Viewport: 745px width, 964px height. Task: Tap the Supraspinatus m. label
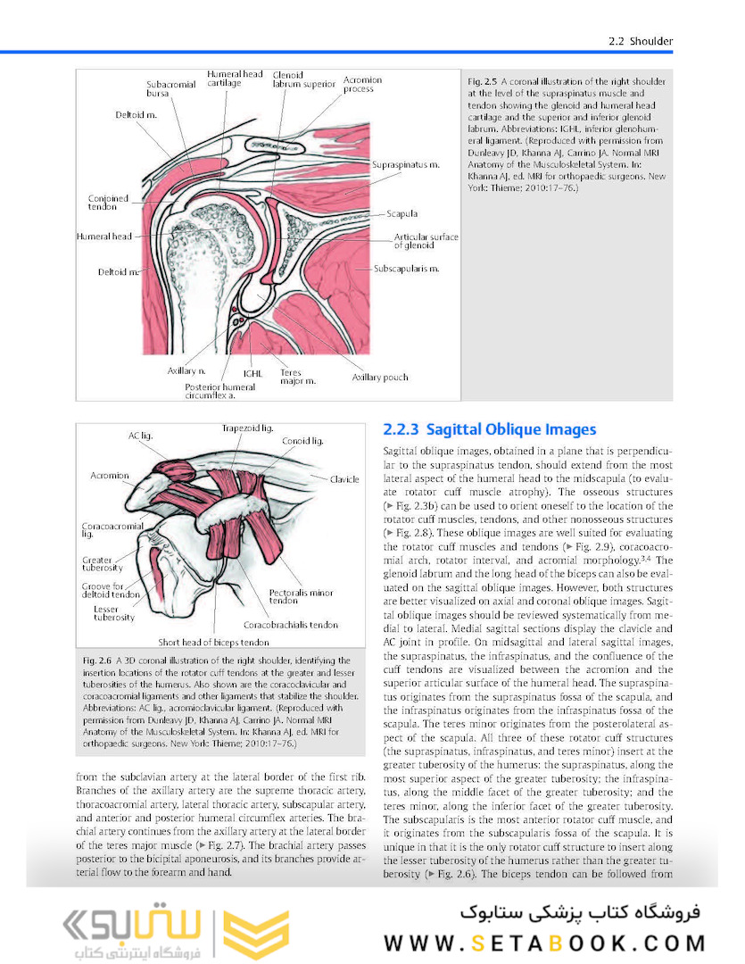pyautogui.click(x=407, y=165)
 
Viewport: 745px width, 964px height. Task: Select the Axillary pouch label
pyautogui.click(x=380, y=378)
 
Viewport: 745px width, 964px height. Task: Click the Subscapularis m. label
pyautogui.click(x=407, y=267)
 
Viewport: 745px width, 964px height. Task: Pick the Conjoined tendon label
pyautogui.click(x=109, y=204)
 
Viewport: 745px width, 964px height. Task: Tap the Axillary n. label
pyautogui.click(x=187, y=370)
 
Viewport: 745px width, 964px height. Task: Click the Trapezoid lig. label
pyautogui.click(x=248, y=429)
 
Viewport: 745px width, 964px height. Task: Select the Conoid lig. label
pyautogui.click(x=303, y=441)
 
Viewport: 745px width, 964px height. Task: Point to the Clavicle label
pyautogui.click(x=344, y=479)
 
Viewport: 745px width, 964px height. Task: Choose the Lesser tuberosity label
pyautogui.click(x=114, y=611)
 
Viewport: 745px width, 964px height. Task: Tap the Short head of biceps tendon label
pyautogui.click(x=213, y=642)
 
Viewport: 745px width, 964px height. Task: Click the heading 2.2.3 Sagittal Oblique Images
pyautogui.click(x=489, y=430)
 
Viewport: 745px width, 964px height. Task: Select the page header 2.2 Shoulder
pyautogui.click(x=640, y=41)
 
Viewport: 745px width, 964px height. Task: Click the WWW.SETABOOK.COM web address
pyautogui.click(x=544, y=943)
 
